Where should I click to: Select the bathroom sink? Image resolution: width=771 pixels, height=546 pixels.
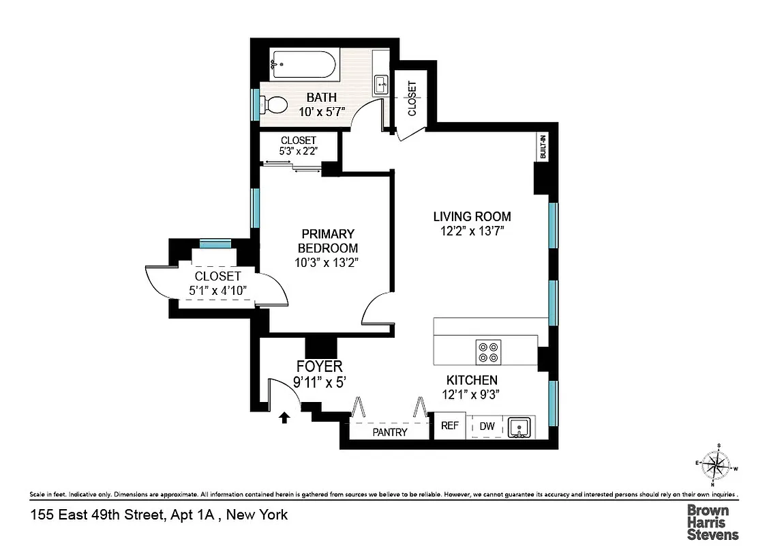point(381,85)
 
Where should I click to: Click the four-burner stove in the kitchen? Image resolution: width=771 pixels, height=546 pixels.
point(489,351)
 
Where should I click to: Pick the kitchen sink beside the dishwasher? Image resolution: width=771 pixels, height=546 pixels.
point(519,427)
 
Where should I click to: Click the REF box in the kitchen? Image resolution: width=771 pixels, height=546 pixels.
point(449,426)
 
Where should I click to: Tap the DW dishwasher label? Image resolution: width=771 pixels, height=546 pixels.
point(487,427)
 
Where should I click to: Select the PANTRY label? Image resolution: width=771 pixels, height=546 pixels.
point(390,432)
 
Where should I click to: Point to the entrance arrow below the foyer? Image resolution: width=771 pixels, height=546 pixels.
point(284,416)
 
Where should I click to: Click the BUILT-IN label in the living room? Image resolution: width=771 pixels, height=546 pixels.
point(543,148)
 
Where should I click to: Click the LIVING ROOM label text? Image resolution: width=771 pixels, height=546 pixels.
point(472,217)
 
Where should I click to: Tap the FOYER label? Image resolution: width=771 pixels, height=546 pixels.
point(319,367)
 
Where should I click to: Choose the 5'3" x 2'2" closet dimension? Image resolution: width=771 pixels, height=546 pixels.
point(298,151)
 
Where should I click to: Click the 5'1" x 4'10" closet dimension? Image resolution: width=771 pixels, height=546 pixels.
point(217,291)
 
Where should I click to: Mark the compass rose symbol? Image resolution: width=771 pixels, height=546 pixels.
point(716,465)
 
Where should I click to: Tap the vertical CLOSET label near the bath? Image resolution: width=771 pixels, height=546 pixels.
point(412,98)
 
